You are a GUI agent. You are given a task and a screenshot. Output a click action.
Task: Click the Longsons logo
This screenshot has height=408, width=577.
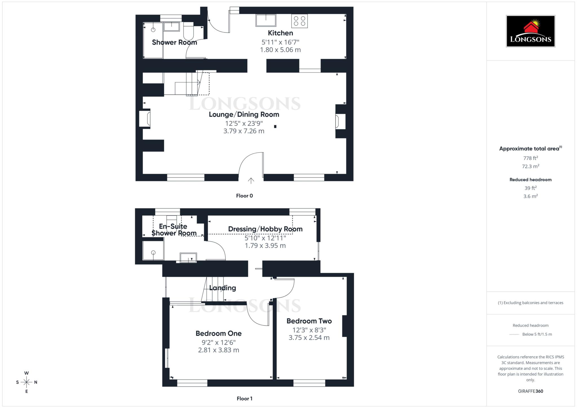[x=530, y=31]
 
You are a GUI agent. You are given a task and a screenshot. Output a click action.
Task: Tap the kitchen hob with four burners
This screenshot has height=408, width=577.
[x=299, y=21]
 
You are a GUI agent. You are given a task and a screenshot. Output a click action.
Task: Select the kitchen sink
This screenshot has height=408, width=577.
[x=266, y=20]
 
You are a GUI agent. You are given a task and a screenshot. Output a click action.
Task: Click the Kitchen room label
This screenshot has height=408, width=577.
[x=280, y=33]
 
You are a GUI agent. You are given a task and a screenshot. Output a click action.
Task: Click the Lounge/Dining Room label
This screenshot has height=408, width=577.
[x=244, y=114]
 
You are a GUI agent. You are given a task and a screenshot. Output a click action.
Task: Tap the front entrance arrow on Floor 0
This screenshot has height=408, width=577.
[x=251, y=180]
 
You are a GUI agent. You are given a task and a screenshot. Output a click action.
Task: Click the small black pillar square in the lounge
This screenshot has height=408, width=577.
[x=275, y=127]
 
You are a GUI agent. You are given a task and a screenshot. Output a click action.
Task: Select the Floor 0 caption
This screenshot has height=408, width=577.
[x=244, y=196]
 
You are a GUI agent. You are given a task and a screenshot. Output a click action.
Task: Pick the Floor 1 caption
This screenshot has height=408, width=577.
[x=244, y=398]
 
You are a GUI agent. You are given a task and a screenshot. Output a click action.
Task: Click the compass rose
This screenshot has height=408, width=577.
[x=26, y=382]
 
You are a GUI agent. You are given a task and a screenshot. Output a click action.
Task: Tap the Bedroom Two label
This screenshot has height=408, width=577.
[x=309, y=321]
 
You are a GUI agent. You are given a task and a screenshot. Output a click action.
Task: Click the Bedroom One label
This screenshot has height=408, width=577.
[x=219, y=333]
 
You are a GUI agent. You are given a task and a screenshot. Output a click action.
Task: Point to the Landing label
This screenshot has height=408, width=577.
[x=223, y=288]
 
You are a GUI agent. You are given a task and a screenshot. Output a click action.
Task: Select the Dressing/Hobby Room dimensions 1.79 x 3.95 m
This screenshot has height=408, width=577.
[x=265, y=246]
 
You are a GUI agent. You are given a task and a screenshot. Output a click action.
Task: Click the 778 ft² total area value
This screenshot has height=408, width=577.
[x=531, y=158]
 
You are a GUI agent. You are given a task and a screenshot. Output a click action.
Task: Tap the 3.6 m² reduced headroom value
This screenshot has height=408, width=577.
[x=531, y=196]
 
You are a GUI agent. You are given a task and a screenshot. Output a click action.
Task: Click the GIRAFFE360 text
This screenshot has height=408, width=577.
[x=531, y=391]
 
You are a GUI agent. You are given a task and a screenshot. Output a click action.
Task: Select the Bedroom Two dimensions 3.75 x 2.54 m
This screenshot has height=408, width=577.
[x=309, y=338]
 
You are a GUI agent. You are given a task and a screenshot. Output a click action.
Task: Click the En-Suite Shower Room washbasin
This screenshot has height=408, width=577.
[x=188, y=258]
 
